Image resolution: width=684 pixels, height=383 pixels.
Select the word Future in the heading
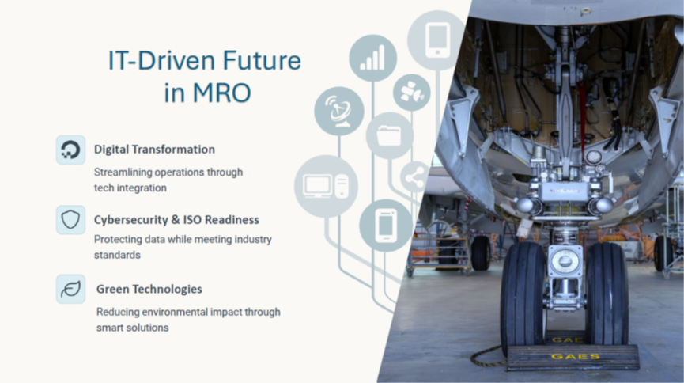(262, 60)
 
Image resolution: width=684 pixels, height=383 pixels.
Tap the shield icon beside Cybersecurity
(70, 220)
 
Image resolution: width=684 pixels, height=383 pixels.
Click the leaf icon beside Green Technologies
(70, 289)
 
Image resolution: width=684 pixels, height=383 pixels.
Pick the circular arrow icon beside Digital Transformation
(70, 150)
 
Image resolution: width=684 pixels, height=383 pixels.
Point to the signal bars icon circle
(373, 58)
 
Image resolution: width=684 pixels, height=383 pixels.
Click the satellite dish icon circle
(339, 111)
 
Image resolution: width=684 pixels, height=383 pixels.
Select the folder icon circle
(390, 136)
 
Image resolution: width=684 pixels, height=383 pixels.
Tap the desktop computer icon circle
(327, 187)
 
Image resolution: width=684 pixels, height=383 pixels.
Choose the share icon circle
(414, 177)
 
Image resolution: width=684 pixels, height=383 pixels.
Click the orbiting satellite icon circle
(412, 93)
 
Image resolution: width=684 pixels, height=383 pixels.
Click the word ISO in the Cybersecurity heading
(192, 220)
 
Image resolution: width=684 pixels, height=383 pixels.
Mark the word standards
(117, 255)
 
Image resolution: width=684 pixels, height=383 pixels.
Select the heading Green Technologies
(149, 289)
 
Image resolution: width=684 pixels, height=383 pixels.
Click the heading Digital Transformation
(154, 150)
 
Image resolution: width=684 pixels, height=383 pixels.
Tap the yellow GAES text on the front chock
(576, 357)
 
